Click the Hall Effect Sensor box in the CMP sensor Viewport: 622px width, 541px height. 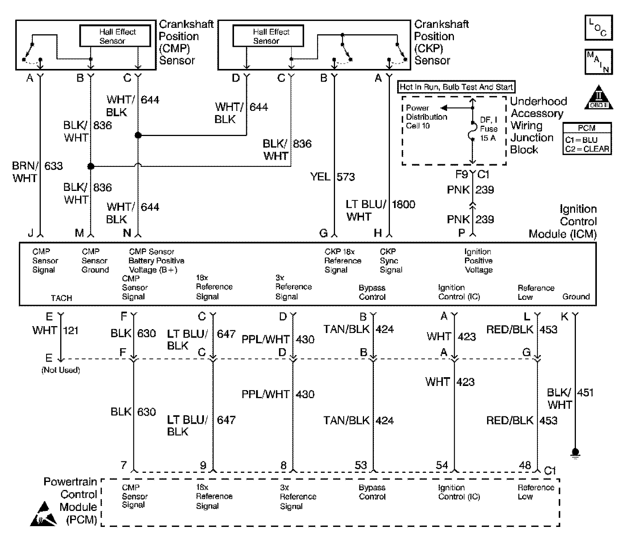pyautogui.click(x=115, y=36)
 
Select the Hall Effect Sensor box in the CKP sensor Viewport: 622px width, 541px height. pyautogui.click(x=268, y=36)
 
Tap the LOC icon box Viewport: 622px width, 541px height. pyautogui.click(x=598, y=27)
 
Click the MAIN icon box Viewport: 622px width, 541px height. pyautogui.click(x=598, y=62)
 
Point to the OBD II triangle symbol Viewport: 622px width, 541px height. pyautogui.click(x=599, y=98)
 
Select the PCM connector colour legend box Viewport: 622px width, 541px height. pyautogui.click(x=587, y=139)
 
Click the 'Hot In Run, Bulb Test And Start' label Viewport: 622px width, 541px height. pyautogui.click(x=456, y=87)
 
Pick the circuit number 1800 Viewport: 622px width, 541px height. pyautogui.click(x=403, y=205)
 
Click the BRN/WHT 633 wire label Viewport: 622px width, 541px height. pyautogui.click(x=37, y=172)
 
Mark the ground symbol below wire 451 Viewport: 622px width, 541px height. pyautogui.click(x=575, y=453)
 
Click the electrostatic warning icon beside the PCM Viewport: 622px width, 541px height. pyautogui.click(x=44, y=515)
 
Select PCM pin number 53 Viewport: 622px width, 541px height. pyautogui.click(x=361, y=465)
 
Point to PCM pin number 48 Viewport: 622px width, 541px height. pyautogui.click(x=525, y=465)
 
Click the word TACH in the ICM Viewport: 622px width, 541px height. pyautogui.click(x=61, y=298)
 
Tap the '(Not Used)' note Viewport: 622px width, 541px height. pyautogui.click(x=61, y=370)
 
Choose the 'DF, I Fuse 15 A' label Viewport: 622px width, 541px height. pyautogui.click(x=489, y=129)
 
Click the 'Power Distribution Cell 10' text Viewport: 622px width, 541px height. pyautogui.click(x=426, y=117)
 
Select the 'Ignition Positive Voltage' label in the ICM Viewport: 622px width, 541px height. pyautogui.click(x=478, y=261)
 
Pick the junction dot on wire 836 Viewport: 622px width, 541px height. pyautogui.click(x=91, y=166)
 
